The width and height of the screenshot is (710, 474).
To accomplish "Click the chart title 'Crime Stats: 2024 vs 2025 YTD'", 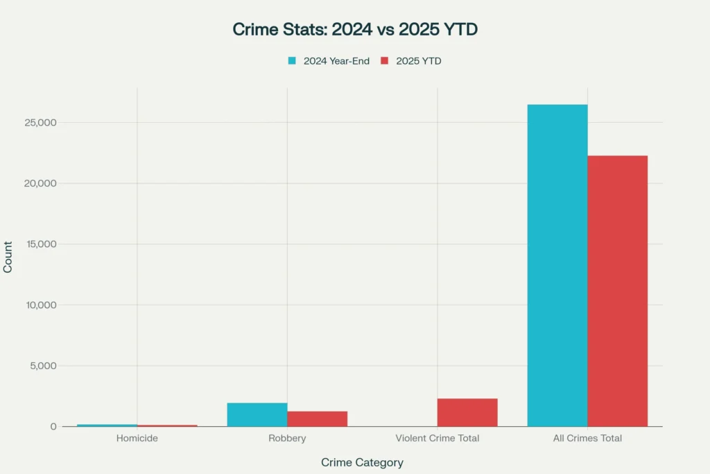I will pos(355,30).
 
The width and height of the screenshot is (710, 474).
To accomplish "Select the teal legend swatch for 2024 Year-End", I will pos(293,61).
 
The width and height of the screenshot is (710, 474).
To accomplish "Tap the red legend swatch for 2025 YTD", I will pos(385,61).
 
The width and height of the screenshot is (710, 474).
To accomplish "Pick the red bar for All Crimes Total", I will pos(617,291).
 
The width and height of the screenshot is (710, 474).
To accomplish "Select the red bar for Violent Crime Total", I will pos(467,412).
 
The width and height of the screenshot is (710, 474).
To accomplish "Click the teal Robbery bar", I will pos(257,414).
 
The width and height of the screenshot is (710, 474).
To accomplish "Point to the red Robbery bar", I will pos(317,418).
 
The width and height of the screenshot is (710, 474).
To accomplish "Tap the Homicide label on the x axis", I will pos(137,439).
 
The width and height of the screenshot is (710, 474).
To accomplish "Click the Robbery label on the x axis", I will pos(287,439).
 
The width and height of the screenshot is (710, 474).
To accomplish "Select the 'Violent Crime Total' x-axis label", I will pos(437,439).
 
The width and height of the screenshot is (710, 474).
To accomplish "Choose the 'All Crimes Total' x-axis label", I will pos(587,439).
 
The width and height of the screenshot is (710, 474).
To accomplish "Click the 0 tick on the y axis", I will pos(53,427).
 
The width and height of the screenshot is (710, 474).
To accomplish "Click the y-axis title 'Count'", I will pos(8,257).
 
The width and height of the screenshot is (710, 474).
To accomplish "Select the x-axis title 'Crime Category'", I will pos(362,462).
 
